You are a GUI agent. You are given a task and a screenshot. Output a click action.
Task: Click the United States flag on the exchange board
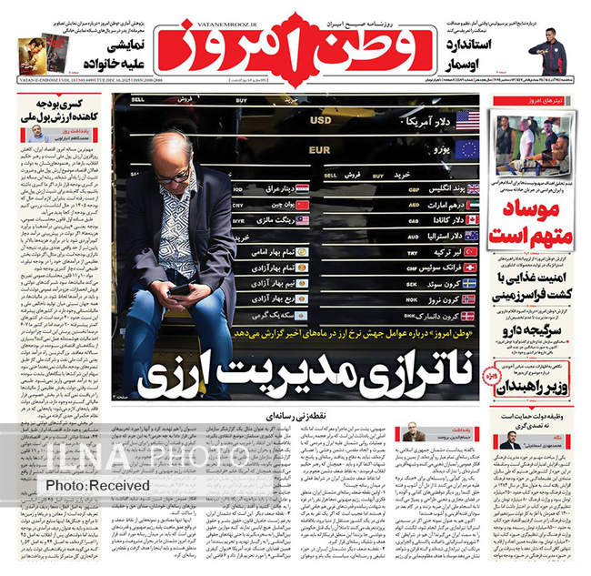pyautogui.click(x=467, y=119)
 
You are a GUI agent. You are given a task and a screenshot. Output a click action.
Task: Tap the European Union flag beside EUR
pyautogui.click(x=467, y=147)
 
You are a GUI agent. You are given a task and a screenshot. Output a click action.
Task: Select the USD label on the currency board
pyautogui.click(x=321, y=119)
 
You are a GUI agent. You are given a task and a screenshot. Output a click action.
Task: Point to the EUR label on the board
pyautogui.click(x=318, y=147)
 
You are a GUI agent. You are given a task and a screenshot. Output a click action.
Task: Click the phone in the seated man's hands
pyautogui.click(x=181, y=288)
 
